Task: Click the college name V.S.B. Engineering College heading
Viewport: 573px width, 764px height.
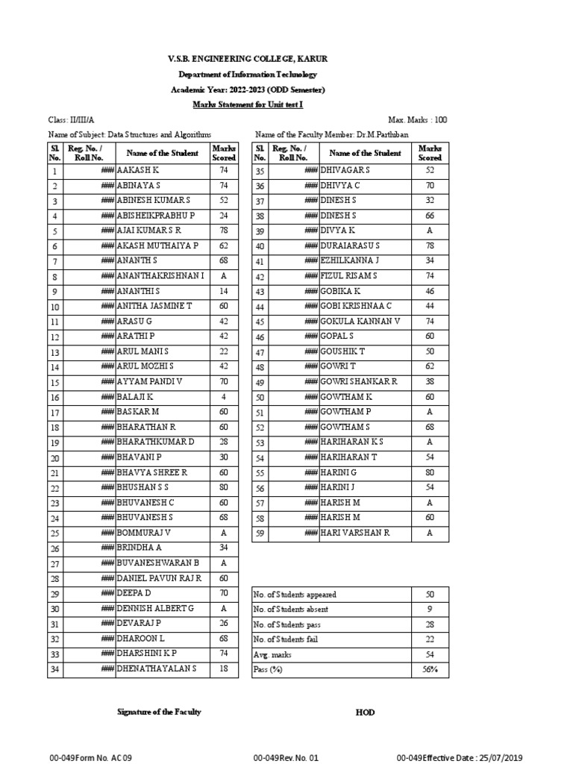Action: coord(247,59)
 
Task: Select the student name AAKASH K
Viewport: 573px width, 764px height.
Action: coord(138,171)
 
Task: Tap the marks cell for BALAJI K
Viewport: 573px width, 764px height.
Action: coord(223,397)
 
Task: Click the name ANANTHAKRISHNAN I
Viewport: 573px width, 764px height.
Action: coord(160,276)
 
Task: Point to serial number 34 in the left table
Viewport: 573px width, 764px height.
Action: coord(54,669)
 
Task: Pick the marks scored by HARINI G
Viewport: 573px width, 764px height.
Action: coord(429,472)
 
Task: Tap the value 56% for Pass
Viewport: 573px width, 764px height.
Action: coord(429,670)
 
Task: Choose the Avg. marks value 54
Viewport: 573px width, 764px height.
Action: coord(429,654)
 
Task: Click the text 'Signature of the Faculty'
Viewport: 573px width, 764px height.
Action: coord(159,712)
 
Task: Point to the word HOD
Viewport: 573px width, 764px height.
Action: coord(365,713)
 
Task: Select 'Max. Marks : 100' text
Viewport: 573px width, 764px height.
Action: coord(418,120)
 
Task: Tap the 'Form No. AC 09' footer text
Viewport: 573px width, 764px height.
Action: coord(90,757)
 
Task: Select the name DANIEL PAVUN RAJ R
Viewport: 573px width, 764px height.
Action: coord(159,578)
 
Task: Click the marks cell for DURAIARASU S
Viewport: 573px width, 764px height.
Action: coord(429,245)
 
